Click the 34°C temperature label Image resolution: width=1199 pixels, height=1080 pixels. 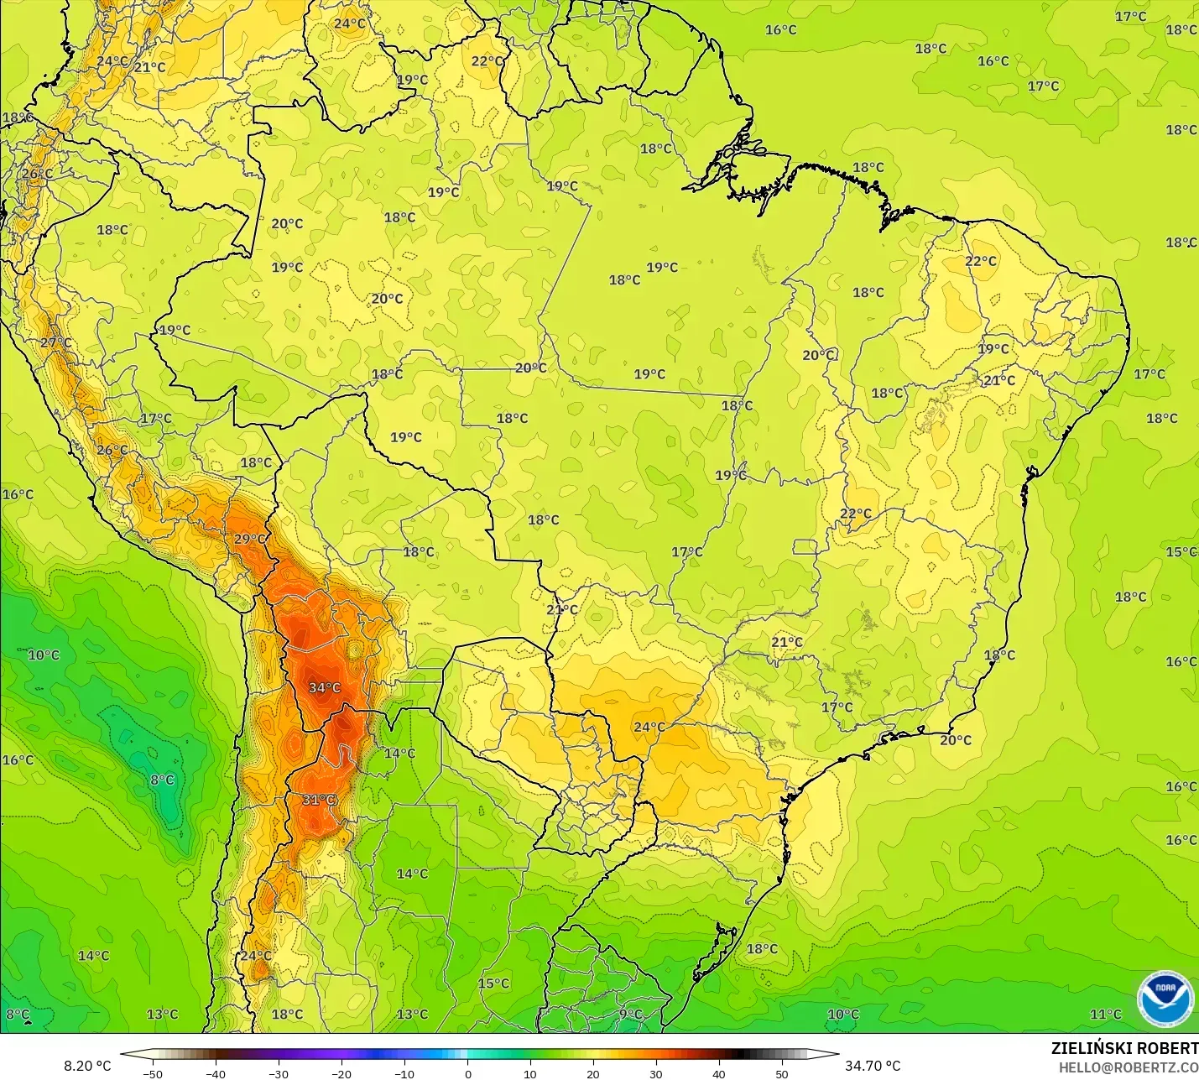pos(325,688)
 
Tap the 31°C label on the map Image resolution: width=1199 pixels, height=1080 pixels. pos(319,800)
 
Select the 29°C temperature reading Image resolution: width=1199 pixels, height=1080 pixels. pos(250,539)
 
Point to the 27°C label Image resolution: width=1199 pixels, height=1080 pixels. pos(56,342)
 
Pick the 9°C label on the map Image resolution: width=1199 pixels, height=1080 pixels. pos(631,1015)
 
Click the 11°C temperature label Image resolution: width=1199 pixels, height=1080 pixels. pos(1105,1015)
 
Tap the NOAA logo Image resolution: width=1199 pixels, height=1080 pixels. pos(1165,999)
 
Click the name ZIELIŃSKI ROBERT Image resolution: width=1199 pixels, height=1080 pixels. pos(1124,1048)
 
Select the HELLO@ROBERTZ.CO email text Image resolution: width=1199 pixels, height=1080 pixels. pos(1128,1067)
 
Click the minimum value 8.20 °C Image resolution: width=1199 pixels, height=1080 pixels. pos(87,1066)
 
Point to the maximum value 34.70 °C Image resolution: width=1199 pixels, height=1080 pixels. pos(873,1066)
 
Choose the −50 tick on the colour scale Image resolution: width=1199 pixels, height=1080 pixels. pos(153,1073)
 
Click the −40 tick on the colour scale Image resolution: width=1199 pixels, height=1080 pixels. pos(216,1073)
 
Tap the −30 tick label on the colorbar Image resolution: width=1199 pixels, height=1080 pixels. pos(279,1073)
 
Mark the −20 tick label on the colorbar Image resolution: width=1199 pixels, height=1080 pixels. pos(341,1073)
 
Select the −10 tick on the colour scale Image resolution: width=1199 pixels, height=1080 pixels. pos(404,1073)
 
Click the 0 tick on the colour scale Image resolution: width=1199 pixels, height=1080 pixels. pos(468,1073)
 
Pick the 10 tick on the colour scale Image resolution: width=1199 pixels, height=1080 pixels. pos(530,1073)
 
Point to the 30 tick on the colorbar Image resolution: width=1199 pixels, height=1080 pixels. pos(656,1073)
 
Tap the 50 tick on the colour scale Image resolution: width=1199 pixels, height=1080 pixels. pos(782,1073)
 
